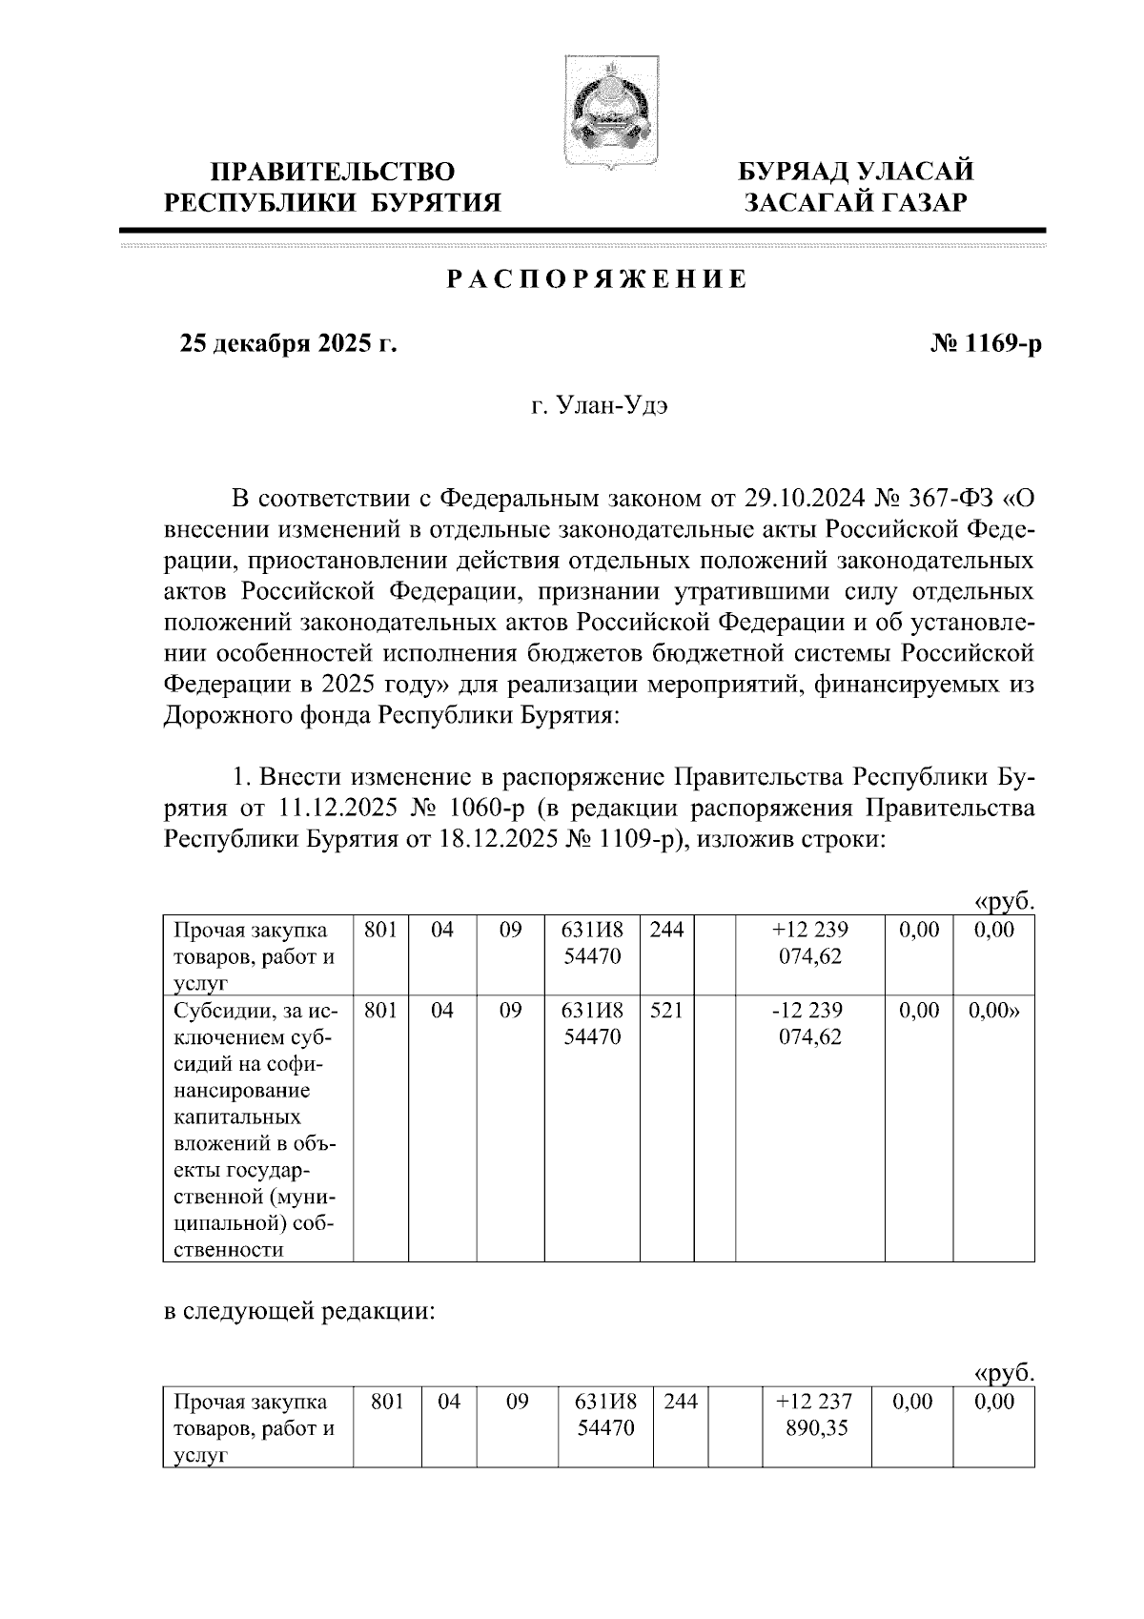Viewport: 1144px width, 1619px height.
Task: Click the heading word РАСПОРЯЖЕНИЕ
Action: tap(597, 279)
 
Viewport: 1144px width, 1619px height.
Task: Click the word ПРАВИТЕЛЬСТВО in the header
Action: tap(333, 173)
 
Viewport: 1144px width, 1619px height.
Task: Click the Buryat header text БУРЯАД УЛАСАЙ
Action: tap(857, 173)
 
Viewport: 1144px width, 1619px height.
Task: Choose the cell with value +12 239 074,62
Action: tap(810, 942)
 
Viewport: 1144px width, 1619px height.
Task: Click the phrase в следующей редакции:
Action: tap(299, 1313)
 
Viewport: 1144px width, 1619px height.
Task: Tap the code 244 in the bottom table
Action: tap(680, 1402)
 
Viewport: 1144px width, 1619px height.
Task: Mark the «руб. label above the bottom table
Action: tap(1003, 1374)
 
